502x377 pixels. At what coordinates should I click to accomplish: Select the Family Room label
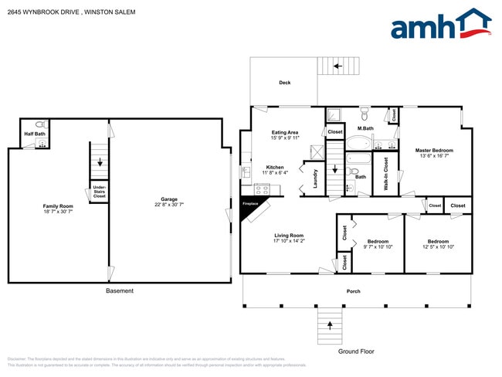58,205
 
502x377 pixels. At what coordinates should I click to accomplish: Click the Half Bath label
35,134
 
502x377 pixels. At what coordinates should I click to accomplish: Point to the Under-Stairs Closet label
99,192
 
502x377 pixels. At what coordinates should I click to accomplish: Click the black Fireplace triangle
252,207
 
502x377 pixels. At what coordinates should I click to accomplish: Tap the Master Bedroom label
433,150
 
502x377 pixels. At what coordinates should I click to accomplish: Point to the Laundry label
315,178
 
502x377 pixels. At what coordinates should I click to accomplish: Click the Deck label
285,83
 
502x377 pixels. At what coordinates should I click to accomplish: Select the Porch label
353,291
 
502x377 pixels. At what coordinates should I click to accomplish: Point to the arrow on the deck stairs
337,66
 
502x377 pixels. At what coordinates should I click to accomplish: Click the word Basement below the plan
119,290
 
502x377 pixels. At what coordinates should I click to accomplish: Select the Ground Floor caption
356,352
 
